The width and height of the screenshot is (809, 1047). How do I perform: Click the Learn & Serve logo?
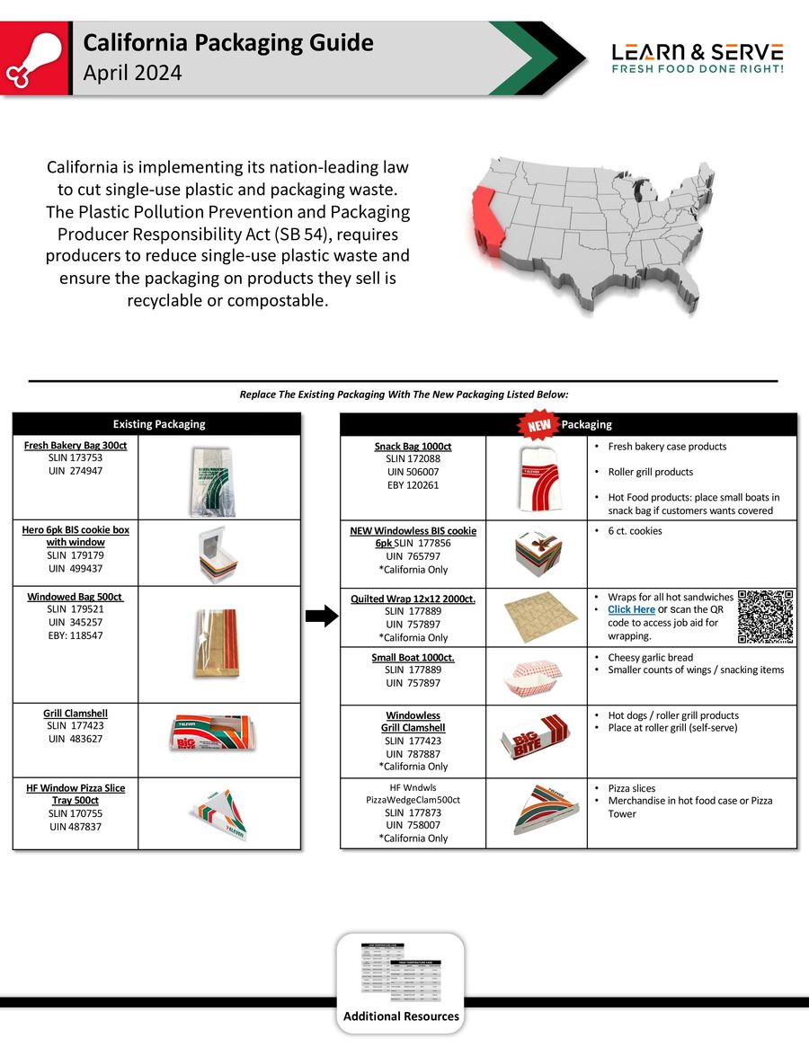697,58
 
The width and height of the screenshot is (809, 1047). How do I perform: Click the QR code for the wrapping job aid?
766,617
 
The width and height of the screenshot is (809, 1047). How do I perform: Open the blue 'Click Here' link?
631,609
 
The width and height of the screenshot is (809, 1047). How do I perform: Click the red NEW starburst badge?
538,424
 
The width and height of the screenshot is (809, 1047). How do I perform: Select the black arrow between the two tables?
321,616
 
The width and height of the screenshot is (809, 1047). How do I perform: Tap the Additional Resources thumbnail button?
401,982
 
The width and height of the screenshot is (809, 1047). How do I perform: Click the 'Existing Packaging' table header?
158,424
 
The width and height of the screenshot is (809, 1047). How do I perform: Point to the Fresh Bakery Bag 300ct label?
76,446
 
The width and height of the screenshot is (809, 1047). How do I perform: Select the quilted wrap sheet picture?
535,617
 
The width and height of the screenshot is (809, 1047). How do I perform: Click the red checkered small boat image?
535,677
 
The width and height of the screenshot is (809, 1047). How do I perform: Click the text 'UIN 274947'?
76,470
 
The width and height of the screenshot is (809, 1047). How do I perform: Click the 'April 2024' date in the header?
132,74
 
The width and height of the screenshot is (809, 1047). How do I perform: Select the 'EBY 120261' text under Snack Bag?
413,485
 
